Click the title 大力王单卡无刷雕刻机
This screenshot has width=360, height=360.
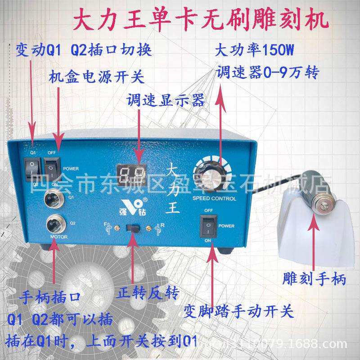(x=200, y=21)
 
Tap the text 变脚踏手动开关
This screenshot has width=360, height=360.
(x=238, y=310)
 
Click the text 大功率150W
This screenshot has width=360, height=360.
(x=256, y=50)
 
